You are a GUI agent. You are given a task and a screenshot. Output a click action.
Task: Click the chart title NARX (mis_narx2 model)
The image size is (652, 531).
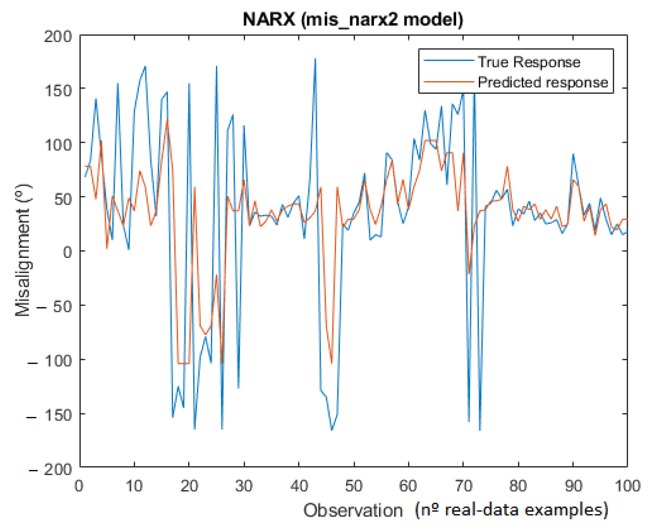[353, 20]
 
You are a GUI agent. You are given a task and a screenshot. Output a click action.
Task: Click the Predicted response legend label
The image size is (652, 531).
[543, 83]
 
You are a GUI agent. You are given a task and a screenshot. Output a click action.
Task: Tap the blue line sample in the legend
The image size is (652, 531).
[449, 61]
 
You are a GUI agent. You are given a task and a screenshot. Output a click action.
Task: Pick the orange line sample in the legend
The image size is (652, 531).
[449, 82]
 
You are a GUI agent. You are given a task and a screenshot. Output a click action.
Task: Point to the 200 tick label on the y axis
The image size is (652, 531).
[57, 37]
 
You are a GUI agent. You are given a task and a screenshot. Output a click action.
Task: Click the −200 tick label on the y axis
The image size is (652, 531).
[50, 469]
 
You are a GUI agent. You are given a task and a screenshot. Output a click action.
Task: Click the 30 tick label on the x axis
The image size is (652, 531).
[244, 486]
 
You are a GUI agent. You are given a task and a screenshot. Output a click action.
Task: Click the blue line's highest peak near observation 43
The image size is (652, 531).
[315, 59]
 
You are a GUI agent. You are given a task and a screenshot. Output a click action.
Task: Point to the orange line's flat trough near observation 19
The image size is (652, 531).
[184, 363]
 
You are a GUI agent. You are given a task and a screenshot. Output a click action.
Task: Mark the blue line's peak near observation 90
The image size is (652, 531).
[573, 154]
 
